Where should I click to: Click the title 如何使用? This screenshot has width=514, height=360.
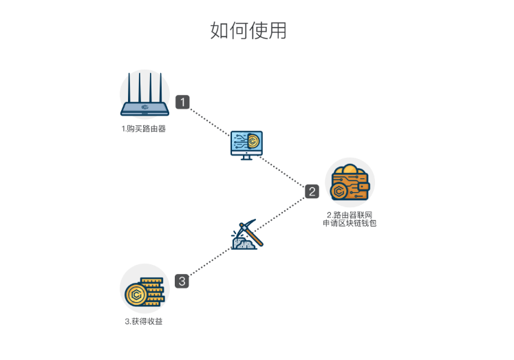pos(248,31)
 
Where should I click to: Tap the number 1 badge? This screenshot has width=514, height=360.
pos(182,102)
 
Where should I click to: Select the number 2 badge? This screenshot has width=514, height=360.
pos(312,191)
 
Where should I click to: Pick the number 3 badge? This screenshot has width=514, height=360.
pos(182,281)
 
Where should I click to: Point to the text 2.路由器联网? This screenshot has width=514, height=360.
pos(350,215)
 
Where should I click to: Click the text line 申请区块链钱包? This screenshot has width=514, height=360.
pos(350,224)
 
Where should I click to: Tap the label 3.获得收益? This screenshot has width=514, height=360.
pos(144,321)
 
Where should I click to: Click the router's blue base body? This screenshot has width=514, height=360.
pos(144,108)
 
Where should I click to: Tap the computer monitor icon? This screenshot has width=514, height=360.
pos(246,144)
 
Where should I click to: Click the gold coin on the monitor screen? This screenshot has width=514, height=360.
pos(253,141)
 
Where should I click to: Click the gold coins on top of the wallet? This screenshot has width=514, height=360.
pos(350,170)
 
